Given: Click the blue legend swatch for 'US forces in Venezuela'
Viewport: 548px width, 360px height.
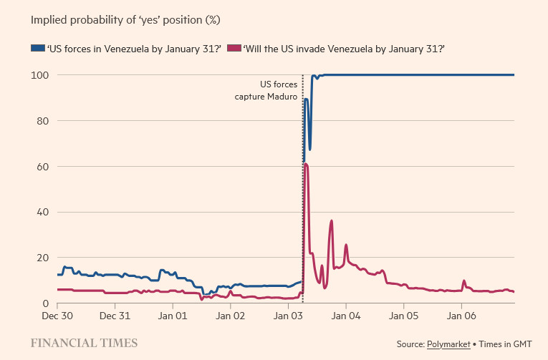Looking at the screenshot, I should pos(37,48).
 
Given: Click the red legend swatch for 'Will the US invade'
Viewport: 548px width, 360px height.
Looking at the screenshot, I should pos(234,48).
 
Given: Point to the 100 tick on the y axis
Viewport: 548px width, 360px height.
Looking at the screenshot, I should pos(39,75).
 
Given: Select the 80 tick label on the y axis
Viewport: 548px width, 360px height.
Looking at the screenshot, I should pos(42,121).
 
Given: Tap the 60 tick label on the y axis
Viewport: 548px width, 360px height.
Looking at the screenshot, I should pos(42,167).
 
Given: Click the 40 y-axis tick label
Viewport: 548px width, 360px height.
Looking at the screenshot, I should pos(42,212).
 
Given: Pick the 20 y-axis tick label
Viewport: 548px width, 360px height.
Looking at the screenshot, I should pos(42,258).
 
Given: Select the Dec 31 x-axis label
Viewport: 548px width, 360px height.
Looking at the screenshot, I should pos(115,315).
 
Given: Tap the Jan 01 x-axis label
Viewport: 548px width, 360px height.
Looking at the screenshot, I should pos(172,315).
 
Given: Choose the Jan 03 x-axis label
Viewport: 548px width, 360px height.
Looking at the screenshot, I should pos(287,315).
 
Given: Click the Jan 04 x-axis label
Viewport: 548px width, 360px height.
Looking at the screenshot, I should pos(346,315).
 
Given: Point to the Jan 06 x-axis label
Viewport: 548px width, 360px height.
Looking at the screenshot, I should pos(461,315).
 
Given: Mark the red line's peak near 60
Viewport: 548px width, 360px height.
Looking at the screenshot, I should pos(306,165).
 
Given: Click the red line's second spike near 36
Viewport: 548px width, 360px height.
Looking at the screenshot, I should pos(332,220).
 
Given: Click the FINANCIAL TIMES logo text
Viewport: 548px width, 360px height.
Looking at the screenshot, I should pos(85,342).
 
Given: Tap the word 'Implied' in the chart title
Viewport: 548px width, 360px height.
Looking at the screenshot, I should pos(48,19).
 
